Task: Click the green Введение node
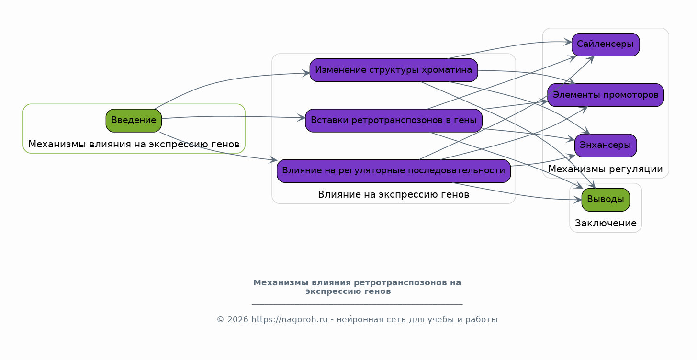pos(134,121)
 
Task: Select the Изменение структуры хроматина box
pos(393,70)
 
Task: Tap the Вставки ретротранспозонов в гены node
pos(393,121)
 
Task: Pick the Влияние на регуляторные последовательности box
pos(393,171)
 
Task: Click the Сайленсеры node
pos(606,45)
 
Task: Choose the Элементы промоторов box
pos(606,95)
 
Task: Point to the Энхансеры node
pos(606,146)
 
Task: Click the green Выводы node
pos(606,200)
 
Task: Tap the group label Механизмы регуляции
pos(606,169)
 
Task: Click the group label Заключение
pos(606,224)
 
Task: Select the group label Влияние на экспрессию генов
pos(393,195)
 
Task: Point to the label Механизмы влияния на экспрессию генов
pos(134,145)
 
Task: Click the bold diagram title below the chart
pos(357,287)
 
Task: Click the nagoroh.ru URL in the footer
pos(289,320)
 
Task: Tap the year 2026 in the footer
pos(238,320)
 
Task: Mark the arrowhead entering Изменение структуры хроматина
pos(305,73)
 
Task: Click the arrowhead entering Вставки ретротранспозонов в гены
pos(301,118)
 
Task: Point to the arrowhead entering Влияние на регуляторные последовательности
pos(273,160)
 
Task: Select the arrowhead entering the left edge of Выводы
pos(577,200)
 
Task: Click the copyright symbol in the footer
pos(220,320)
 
